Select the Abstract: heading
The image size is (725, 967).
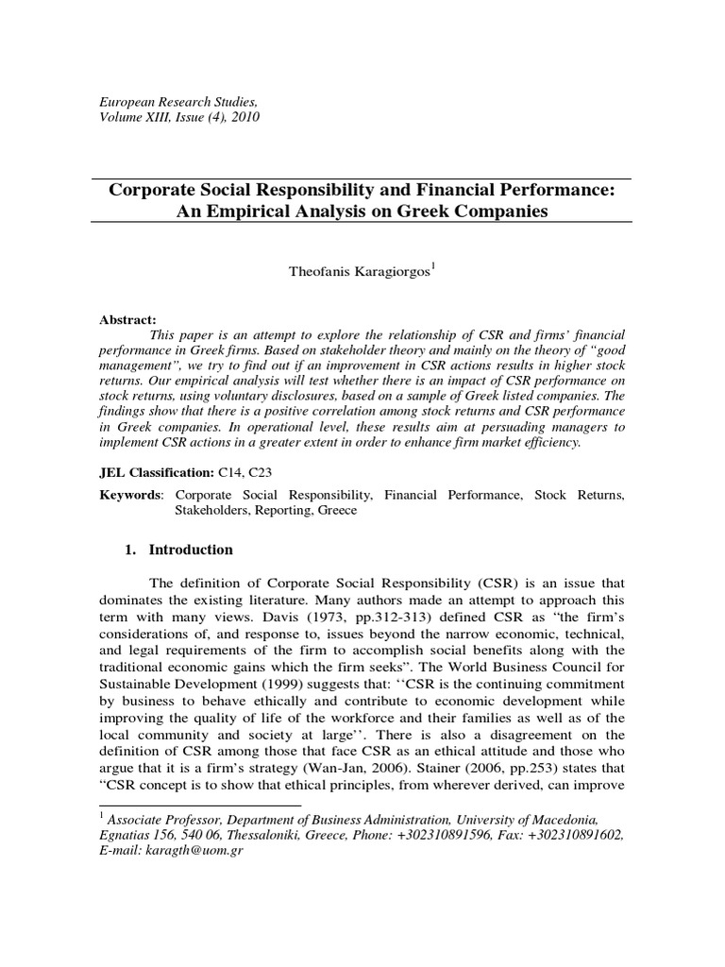click(128, 319)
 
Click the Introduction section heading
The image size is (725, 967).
click(193, 550)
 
